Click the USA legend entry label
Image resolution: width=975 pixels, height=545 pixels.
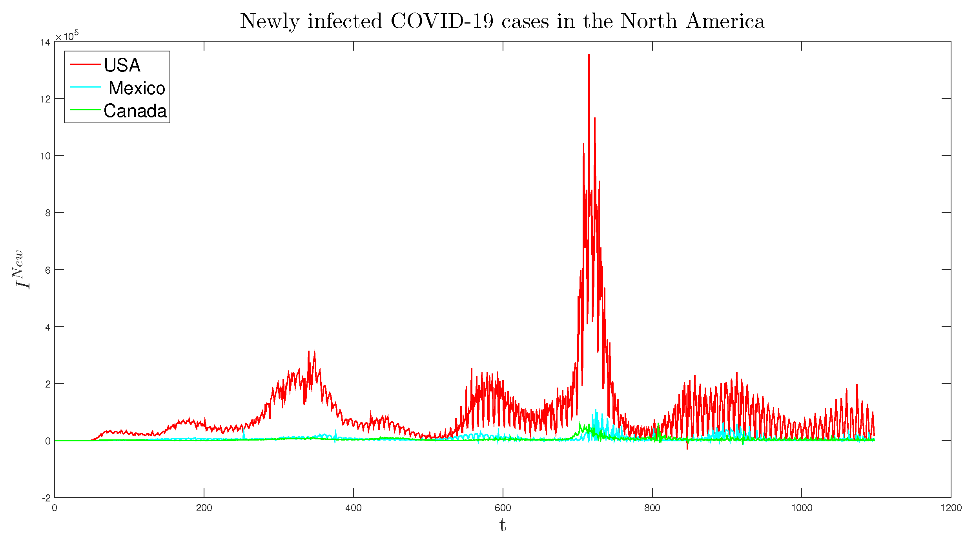(122, 65)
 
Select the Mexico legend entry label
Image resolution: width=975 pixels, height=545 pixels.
(137, 88)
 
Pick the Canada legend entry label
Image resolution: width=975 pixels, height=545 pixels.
(135, 111)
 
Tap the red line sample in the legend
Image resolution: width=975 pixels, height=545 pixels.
(85, 64)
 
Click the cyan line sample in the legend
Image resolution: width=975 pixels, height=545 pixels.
(85, 87)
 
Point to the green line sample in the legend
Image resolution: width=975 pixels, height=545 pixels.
(85, 110)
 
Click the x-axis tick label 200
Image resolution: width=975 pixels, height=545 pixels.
(204, 508)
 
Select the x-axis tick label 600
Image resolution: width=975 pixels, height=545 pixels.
(503, 508)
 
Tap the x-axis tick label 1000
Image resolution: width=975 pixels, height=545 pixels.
(801, 508)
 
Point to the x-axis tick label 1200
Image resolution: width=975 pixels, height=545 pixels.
(951, 508)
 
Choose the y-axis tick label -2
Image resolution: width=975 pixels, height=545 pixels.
(46, 498)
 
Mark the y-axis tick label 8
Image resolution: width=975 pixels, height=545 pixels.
(48, 213)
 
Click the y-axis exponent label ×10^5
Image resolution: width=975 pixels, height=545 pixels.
(67, 36)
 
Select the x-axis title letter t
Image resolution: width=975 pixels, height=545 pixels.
(503, 525)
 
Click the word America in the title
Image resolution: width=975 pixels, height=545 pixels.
(725, 21)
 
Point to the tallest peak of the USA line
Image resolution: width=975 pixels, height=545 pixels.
(589, 55)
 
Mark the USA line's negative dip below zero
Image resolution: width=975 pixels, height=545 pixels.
(687, 448)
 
